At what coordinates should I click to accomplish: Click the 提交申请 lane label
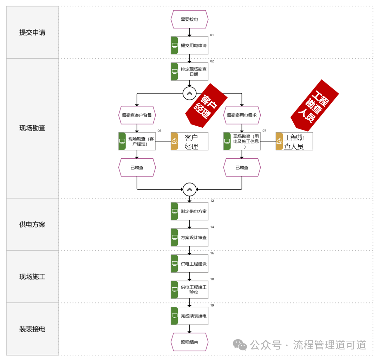[32, 33]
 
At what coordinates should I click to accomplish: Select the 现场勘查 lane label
[32, 128]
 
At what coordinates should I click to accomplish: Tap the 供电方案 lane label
[32, 225]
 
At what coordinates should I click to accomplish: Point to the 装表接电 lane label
[32, 329]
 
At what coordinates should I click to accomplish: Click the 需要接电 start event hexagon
[189, 19]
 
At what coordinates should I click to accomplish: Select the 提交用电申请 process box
[189, 45]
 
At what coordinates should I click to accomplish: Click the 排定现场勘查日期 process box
[189, 72]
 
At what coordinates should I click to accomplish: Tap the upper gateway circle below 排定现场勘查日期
[189, 93]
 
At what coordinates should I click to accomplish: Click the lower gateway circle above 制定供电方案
[189, 189]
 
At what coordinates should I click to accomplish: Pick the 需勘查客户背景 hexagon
[137, 115]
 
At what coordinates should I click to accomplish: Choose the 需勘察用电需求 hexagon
[242, 115]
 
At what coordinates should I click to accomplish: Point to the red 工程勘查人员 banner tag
[314, 102]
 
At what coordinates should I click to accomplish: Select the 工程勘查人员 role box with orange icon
[294, 141]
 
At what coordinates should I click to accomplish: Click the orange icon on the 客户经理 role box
[175, 141]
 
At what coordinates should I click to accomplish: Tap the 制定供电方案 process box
[189, 211]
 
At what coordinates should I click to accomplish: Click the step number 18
[212, 279]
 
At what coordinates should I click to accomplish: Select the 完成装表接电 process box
[189, 316]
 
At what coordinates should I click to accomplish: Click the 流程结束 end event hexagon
[189, 342]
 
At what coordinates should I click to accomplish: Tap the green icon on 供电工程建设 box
[175, 264]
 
